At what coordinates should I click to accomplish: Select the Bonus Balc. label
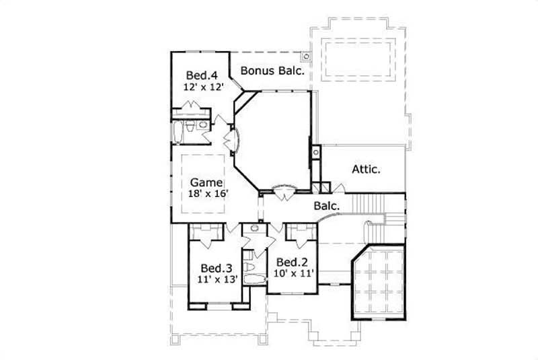(273, 70)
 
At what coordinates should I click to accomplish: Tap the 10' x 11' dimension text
(294, 273)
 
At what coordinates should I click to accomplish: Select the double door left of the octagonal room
(233, 139)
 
